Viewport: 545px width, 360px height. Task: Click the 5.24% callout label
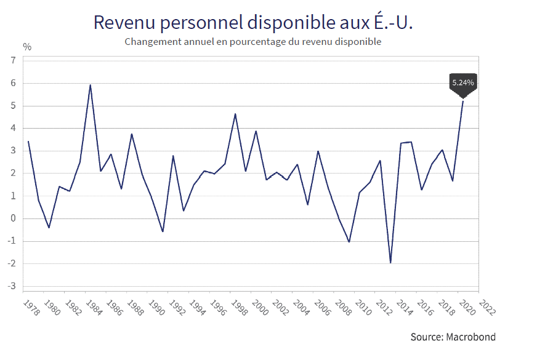point(463,82)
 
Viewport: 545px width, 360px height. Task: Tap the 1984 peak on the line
point(91,85)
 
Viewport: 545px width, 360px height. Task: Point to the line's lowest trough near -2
point(390,263)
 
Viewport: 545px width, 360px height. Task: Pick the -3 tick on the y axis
point(11,286)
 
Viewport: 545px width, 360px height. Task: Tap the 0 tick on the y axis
point(12,218)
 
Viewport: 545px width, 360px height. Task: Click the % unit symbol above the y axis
point(26,46)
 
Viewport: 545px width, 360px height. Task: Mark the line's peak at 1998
point(235,114)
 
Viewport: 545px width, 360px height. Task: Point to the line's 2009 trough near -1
point(349,242)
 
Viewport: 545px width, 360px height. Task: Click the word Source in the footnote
point(425,337)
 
